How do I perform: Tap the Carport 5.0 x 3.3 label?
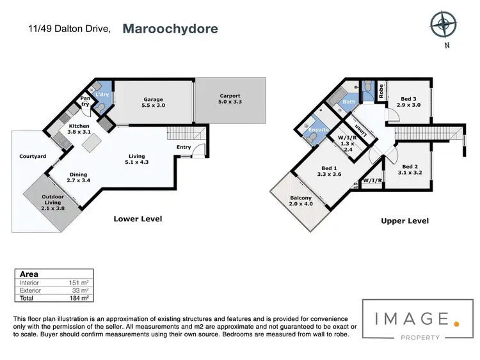[x=230, y=99]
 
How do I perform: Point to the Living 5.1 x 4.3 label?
[x=136, y=159]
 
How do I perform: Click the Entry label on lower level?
[x=184, y=147]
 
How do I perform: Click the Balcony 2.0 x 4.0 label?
[x=300, y=201]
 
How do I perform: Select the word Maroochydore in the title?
[x=170, y=29]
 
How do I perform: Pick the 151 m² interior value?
[x=80, y=282]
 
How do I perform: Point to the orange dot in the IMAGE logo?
[x=456, y=324]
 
